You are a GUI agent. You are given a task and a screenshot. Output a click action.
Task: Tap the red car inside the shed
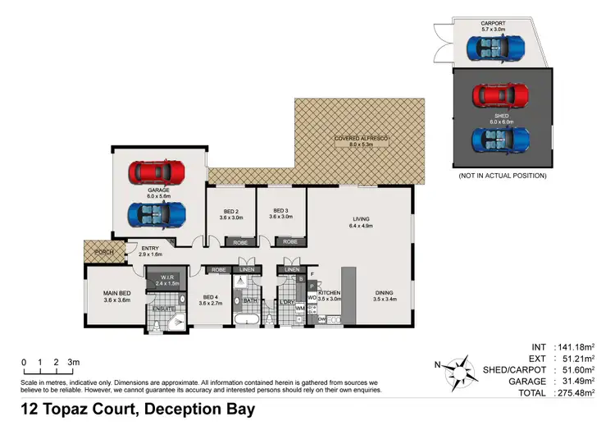tap(501, 97)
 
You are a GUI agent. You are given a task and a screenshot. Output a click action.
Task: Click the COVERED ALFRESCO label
tap(361, 139)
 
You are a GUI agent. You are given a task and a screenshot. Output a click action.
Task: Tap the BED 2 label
tap(230, 211)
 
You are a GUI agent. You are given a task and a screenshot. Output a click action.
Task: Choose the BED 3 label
tap(281, 211)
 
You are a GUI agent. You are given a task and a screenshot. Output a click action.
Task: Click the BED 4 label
tap(210, 297)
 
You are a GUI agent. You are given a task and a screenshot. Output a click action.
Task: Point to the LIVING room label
tap(361, 219)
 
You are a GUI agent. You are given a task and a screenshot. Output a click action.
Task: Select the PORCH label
tap(104, 252)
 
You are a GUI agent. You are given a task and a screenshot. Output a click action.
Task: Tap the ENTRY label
tap(150, 249)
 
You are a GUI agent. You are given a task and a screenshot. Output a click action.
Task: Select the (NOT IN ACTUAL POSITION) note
tap(501, 176)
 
